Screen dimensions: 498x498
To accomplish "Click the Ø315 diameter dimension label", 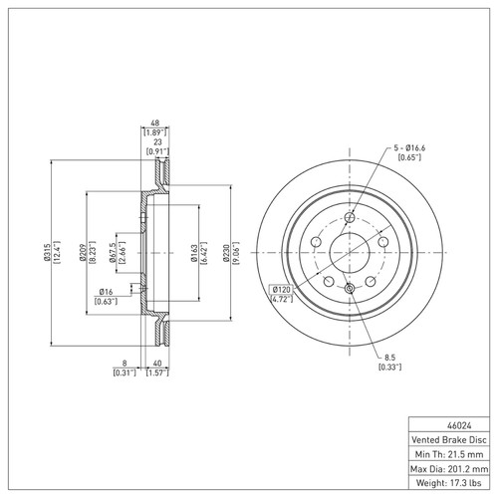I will pos(47,251).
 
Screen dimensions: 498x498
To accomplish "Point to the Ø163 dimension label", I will pos(191,251).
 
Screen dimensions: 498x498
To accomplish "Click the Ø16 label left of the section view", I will pos(104,290).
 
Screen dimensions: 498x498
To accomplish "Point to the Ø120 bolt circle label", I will pos(282,289).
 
